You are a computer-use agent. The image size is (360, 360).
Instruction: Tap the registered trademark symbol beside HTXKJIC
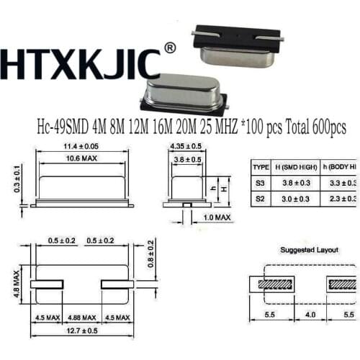170,48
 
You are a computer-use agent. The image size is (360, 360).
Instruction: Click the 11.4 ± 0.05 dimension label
76,147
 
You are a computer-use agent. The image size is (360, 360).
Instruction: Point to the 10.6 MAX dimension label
76,158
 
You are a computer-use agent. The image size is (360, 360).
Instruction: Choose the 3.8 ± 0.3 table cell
291,180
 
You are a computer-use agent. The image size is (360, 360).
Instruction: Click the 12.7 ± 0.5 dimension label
81,330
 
